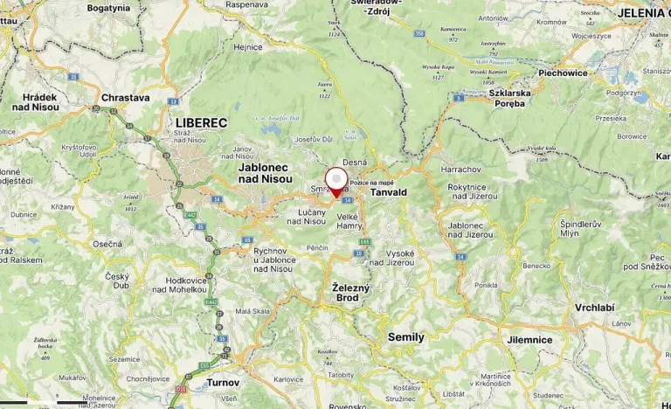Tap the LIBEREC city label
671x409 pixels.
point(201,123)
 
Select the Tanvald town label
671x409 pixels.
point(389,192)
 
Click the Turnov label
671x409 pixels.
point(223,383)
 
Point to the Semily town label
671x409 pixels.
point(405,337)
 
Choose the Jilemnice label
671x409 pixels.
point(529,339)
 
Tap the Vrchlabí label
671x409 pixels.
point(595,308)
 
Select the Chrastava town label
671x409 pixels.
point(126,99)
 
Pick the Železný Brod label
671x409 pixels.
point(351,293)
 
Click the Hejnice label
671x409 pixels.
point(248,47)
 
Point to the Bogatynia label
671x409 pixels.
point(109,8)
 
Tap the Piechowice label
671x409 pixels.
point(563,73)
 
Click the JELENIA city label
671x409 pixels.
point(643,13)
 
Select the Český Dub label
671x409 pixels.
point(117,281)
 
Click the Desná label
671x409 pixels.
point(354,163)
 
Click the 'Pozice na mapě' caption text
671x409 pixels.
point(371,182)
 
